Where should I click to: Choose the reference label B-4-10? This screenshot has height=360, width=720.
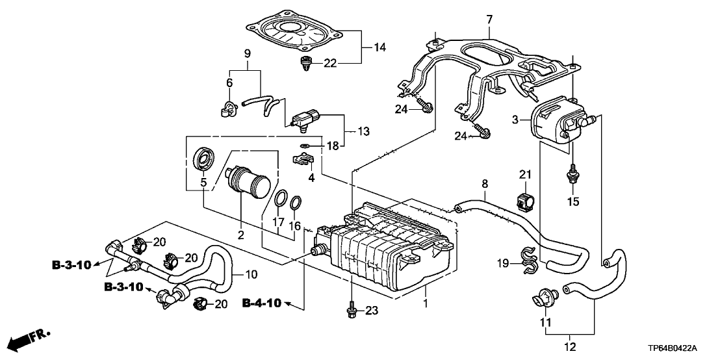[263, 303]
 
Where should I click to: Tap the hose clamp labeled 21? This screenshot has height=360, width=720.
[525, 201]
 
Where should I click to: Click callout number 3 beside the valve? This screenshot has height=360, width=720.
[515, 120]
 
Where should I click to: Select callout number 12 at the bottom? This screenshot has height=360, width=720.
[570, 347]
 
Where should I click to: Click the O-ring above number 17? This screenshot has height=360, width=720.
[281, 198]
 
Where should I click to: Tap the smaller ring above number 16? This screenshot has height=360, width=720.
[296, 203]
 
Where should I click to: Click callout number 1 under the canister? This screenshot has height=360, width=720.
[425, 304]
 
